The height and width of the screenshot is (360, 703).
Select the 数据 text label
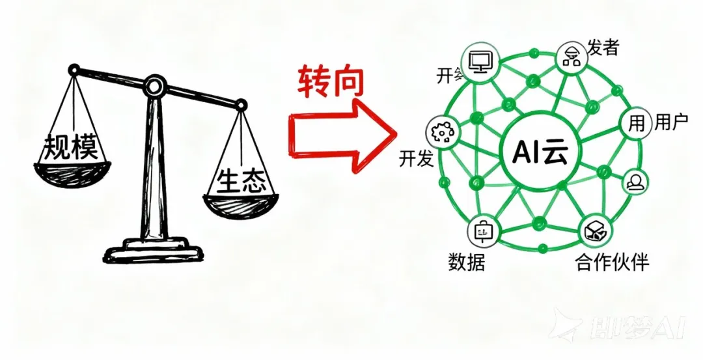[466, 261]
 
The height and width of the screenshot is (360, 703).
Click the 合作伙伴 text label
[612, 262]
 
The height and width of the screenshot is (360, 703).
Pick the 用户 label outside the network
[671, 122]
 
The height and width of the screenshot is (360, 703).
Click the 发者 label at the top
[602, 47]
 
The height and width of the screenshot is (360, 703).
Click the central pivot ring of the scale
[156, 84]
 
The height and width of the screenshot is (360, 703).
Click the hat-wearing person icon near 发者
[571, 57]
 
